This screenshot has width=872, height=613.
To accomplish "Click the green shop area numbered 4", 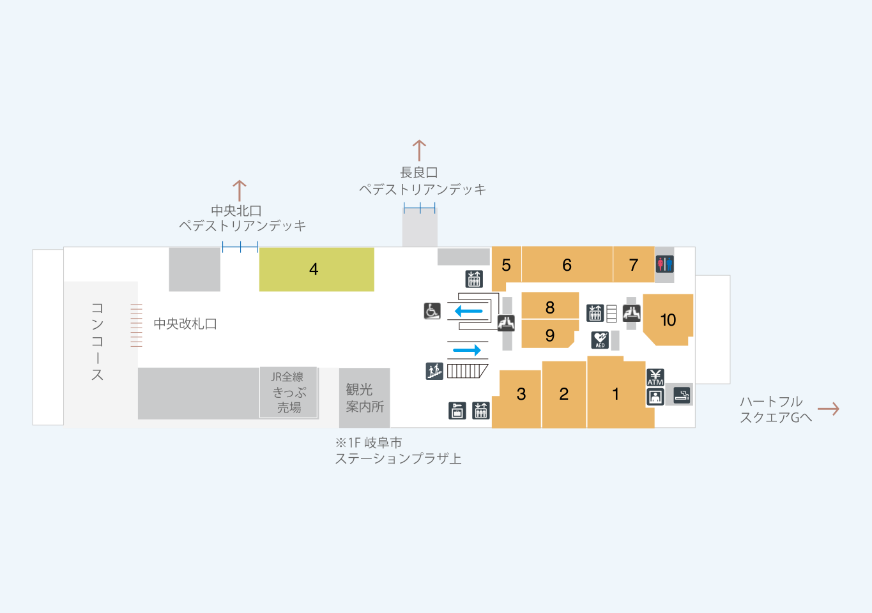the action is (x=316, y=269).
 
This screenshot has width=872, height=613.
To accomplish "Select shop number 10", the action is (x=668, y=319).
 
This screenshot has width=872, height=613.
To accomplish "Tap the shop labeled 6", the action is (x=567, y=264).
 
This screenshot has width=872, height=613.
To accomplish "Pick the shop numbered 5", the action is (x=506, y=267).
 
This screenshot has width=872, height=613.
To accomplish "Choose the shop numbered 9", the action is (x=549, y=335).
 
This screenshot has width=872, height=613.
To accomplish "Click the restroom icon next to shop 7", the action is (x=664, y=264).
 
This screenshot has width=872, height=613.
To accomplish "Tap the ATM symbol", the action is (x=655, y=377).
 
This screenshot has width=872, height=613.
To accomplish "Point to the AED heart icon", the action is (x=600, y=340).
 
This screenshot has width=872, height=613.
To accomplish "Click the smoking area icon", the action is (x=682, y=395).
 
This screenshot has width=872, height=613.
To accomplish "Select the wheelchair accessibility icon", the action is (x=432, y=311).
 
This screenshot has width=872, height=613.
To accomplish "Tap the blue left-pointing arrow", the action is (x=469, y=311).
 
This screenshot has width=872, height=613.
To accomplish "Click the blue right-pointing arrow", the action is (x=467, y=350).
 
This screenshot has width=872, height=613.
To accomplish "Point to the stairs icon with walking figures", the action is (x=434, y=371).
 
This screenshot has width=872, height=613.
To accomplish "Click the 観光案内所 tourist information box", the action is (x=364, y=397).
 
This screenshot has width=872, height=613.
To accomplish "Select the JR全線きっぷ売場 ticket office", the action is (x=289, y=392).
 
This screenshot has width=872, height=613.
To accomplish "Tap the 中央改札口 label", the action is (x=185, y=324).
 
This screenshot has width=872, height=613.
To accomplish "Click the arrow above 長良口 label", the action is (x=419, y=150).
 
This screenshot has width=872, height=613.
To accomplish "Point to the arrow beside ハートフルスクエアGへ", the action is (x=829, y=409).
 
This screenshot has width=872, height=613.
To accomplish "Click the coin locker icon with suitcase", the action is (x=457, y=411).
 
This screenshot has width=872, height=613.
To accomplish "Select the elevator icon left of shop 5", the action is (x=474, y=279).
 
